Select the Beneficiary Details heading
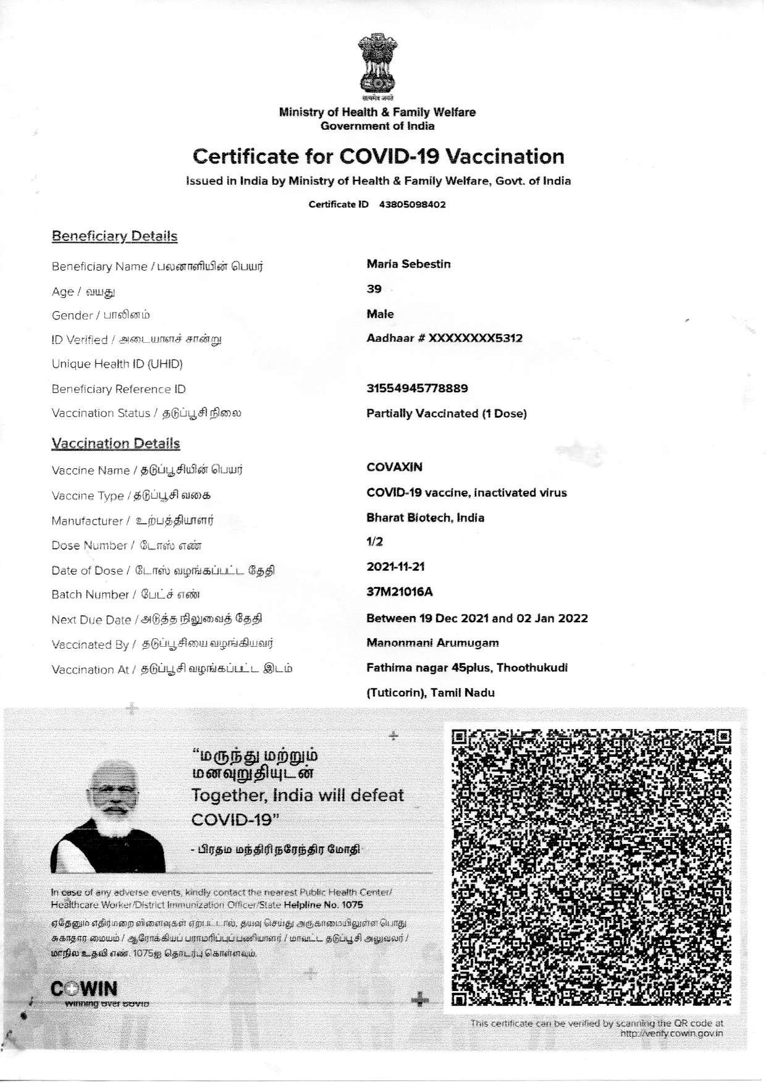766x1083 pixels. coord(114,236)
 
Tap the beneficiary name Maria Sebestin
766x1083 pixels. coord(408,264)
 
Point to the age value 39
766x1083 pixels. coord(374,289)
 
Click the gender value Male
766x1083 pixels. coord(380,314)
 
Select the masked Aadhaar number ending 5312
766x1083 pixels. coord(444,339)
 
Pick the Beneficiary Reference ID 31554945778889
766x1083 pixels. coord(417,389)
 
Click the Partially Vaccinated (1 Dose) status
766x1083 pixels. coord(446,413)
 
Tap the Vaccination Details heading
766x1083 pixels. coord(116,444)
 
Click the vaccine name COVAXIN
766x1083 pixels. coord(394,467)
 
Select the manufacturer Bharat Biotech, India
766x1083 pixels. coord(425,518)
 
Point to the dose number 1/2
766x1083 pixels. coord(374,542)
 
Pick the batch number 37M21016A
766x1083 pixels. coord(399,592)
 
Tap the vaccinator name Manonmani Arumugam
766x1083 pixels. coord(432,643)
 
